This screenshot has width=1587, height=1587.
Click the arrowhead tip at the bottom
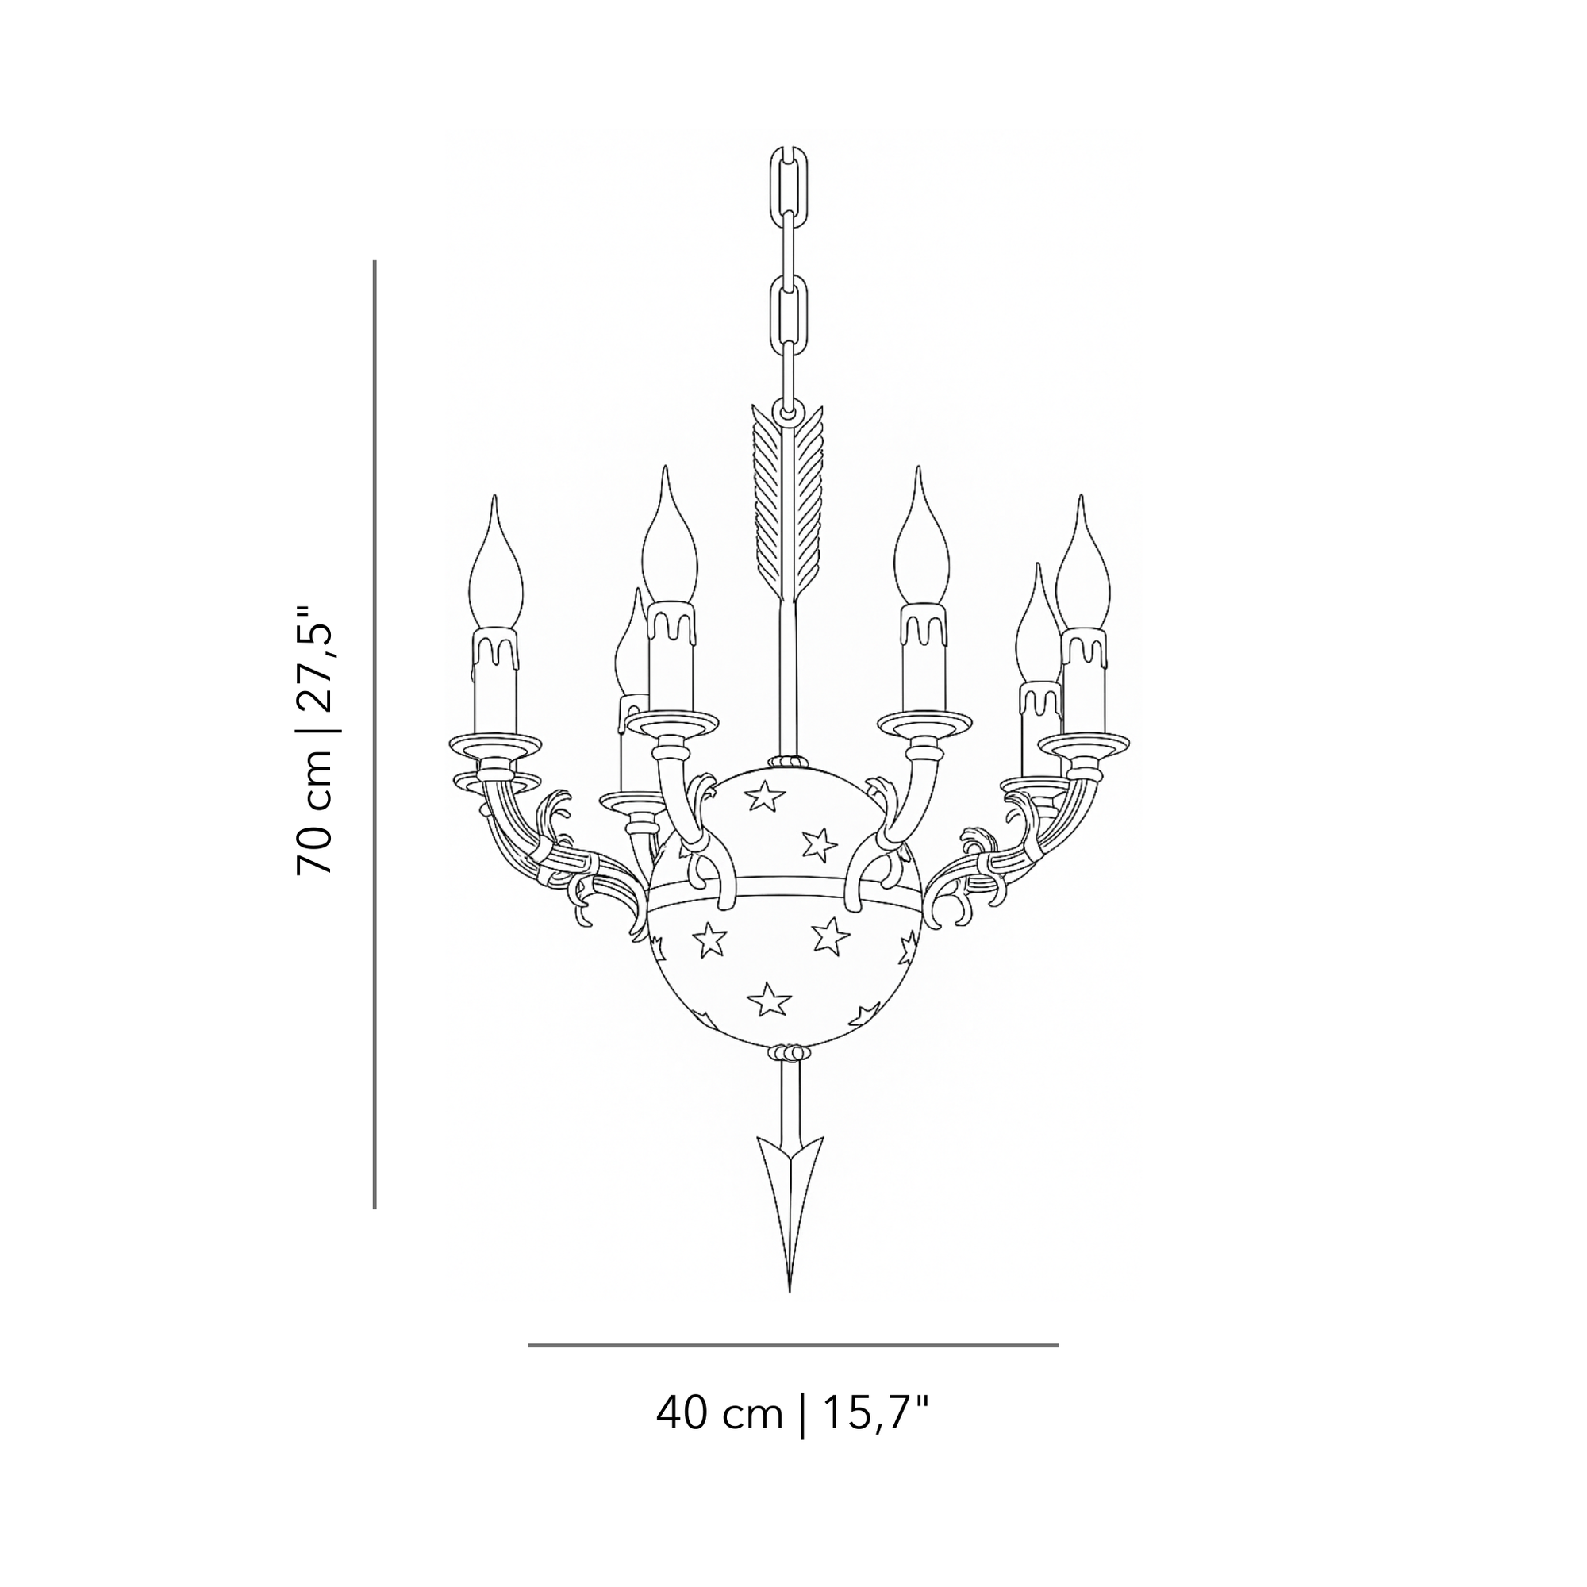point(789,1291)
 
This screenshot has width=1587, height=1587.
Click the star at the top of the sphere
point(765,794)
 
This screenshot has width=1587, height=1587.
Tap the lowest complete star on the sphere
point(769,1001)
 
